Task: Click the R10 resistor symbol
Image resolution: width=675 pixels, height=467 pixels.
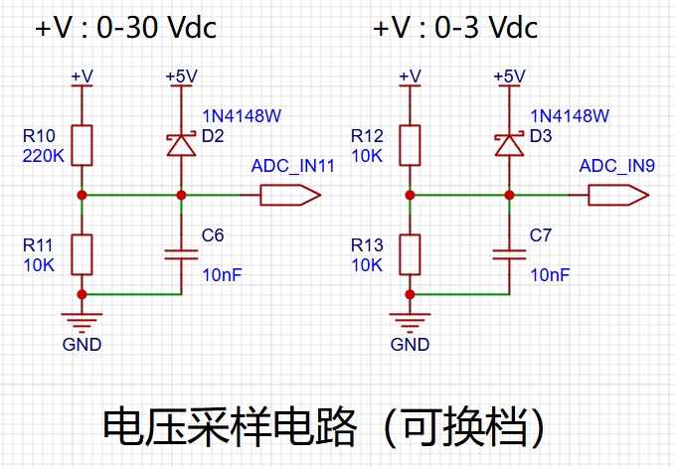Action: (x=82, y=145)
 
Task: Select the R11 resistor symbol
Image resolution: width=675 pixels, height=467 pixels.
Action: (x=82, y=254)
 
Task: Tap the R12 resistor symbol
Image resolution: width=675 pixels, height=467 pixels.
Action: (x=410, y=145)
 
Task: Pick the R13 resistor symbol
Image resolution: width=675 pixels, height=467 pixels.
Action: (x=410, y=254)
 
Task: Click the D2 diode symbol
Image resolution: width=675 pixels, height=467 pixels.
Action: (x=181, y=145)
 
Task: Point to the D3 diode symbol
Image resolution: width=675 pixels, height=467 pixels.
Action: (x=509, y=145)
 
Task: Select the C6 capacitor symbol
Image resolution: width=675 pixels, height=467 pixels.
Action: (x=181, y=254)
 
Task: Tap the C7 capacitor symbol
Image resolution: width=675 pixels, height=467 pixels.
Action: (x=509, y=254)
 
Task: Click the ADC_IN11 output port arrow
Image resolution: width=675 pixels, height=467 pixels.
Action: (x=290, y=195)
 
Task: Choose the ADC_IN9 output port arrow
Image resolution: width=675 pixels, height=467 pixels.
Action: (x=618, y=195)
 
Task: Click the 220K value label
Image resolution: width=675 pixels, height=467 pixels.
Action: (x=44, y=156)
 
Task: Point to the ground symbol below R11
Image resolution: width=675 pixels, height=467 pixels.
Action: (x=82, y=323)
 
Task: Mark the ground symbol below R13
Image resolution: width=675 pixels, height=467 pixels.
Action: (x=410, y=323)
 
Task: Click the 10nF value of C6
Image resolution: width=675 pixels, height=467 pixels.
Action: (x=222, y=275)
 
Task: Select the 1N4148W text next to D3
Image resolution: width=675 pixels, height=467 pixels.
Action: (x=570, y=116)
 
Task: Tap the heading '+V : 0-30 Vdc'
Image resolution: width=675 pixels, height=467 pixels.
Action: (x=125, y=28)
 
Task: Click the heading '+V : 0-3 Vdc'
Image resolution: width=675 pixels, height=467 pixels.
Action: (x=455, y=28)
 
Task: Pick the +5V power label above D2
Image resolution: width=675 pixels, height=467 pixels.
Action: (x=181, y=77)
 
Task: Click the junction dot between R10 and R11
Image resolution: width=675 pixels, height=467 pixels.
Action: (x=82, y=195)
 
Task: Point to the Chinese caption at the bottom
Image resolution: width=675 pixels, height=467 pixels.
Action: (x=324, y=427)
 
